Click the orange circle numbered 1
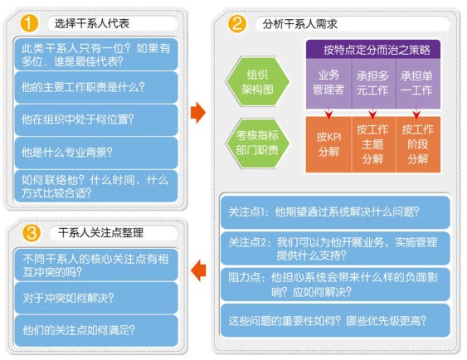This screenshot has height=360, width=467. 29,23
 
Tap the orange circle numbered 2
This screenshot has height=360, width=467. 236,23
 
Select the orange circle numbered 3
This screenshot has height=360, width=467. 32,232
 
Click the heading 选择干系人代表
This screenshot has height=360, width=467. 92,23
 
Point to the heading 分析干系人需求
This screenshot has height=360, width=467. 299,24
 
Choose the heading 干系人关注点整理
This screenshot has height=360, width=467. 100,232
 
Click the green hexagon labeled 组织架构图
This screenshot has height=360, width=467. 257,81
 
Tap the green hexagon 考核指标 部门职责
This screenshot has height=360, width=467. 257,143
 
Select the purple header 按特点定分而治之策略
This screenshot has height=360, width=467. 373,50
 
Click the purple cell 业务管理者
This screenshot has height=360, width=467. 328,83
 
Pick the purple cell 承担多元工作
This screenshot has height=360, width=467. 373,83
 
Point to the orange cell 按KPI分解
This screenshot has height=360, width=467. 328,144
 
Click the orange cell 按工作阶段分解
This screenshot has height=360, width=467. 418,144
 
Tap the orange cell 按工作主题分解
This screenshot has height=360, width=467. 373,144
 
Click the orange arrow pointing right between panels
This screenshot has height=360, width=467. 198,113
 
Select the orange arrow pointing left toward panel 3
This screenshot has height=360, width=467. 198,270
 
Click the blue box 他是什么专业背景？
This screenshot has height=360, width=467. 96,153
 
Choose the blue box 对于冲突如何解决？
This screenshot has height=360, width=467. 96,298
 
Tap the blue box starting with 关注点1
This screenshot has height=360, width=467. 335,212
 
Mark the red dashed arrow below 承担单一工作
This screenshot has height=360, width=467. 416,113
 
